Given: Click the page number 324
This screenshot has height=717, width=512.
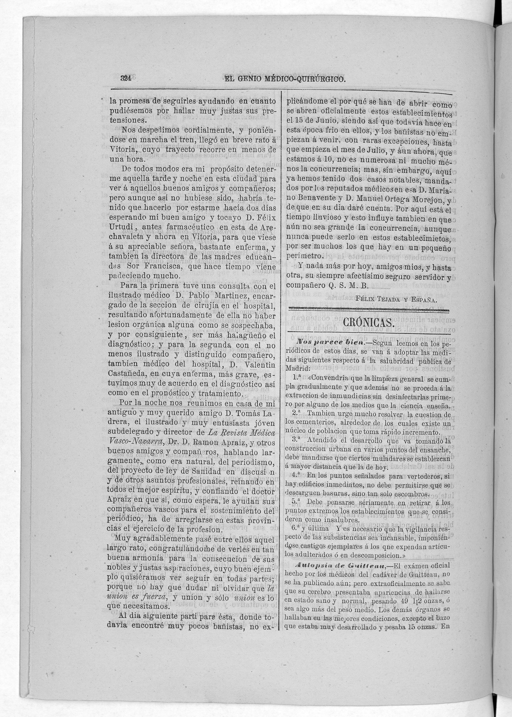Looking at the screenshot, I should [x=125, y=79].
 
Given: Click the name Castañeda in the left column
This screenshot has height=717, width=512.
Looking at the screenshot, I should [x=126, y=374].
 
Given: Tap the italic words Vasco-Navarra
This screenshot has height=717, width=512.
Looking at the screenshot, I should [x=136, y=442].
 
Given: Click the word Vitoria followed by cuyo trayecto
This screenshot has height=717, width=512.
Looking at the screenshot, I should [x=122, y=150].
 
